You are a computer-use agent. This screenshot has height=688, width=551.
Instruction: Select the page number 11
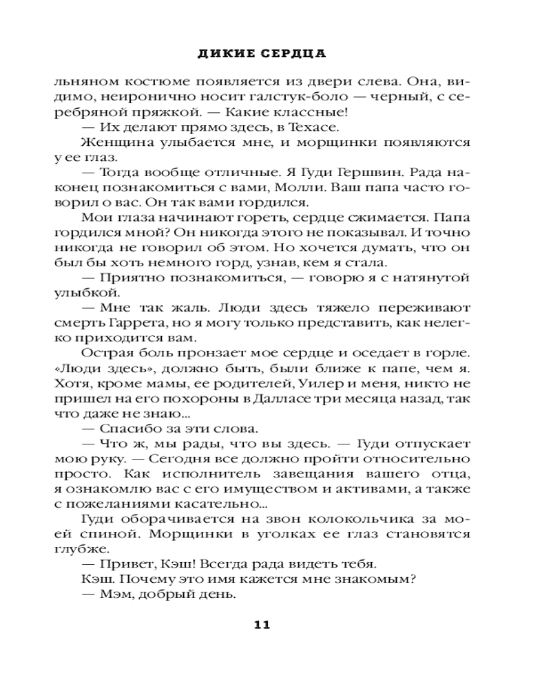tap(262, 625)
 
